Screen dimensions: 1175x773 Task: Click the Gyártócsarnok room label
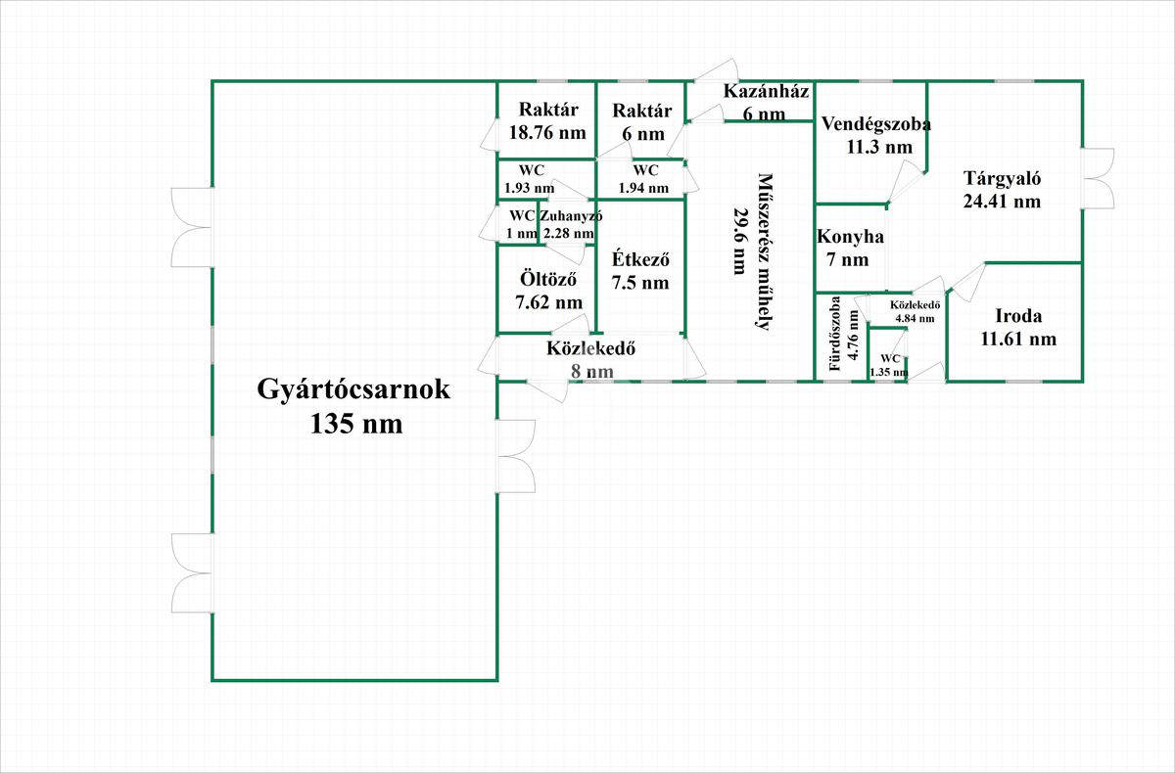coord(353,389)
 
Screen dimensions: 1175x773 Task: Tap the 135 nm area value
coord(356,424)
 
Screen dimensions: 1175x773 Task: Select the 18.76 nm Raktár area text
coord(547,132)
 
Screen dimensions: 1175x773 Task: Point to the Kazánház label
coord(766,91)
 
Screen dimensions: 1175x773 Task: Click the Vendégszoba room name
coord(876,124)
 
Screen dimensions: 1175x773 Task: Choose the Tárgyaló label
coord(1002,179)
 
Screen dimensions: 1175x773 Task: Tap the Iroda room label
coord(1018,316)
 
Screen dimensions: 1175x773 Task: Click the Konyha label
coord(850,237)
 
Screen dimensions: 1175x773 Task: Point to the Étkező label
coord(640,260)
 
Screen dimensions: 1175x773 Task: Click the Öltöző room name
coord(548,279)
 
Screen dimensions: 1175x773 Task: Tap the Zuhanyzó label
coord(571,216)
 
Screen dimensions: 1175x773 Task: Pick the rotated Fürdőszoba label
coord(835,334)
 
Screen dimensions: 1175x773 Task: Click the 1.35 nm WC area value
coord(889,373)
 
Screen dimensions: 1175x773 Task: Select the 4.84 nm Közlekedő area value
coord(915,318)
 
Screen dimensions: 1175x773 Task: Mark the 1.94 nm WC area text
coord(643,188)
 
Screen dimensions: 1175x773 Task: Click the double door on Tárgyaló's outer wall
coord(1098,179)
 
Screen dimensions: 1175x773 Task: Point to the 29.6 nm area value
coord(740,241)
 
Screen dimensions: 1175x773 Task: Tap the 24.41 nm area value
coord(1002,202)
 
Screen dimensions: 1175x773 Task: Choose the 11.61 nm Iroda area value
coord(1018,340)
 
